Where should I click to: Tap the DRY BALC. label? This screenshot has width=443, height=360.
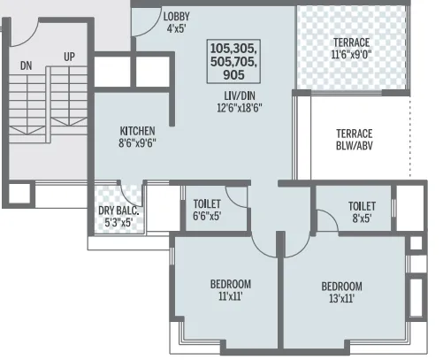click(x=118, y=211)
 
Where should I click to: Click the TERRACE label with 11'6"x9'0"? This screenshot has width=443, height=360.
click(x=351, y=42)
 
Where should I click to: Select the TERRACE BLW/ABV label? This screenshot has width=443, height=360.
click(x=353, y=140)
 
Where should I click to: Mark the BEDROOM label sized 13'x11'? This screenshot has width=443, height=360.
click(x=341, y=287)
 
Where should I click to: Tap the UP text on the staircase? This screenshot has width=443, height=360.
click(x=68, y=57)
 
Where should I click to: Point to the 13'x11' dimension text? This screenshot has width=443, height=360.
click(x=341, y=299)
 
